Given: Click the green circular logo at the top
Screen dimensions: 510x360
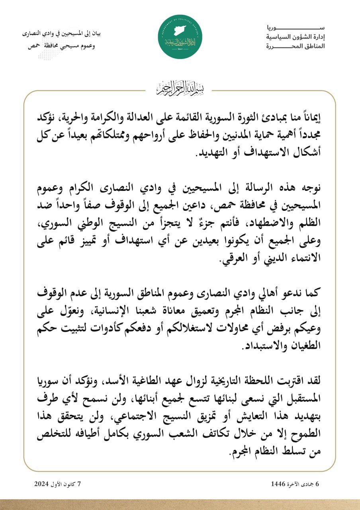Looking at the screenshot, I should pos(180,37).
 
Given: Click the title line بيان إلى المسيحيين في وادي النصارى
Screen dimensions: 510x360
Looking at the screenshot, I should pos(64,33).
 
